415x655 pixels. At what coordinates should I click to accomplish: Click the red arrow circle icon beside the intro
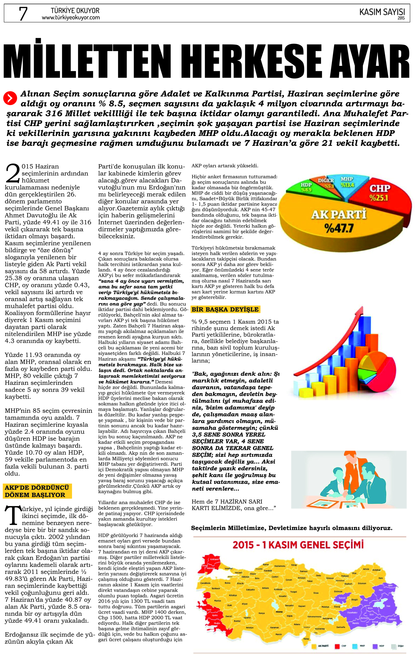(10, 98)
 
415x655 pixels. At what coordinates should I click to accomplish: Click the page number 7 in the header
(23, 14)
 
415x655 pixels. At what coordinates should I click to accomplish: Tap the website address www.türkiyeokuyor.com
(71, 18)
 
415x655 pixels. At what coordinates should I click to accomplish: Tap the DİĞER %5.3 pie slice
(326, 183)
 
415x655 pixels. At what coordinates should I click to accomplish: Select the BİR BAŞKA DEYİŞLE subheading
(225, 310)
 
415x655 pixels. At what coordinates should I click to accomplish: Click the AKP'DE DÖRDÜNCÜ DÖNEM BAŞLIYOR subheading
(37, 491)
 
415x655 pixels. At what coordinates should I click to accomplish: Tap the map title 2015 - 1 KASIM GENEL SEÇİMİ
(298, 545)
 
